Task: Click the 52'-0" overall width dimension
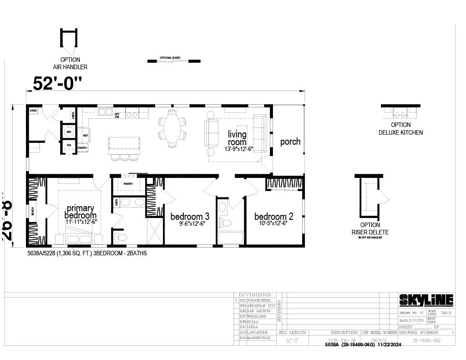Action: (x=58, y=84)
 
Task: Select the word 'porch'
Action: (x=290, y=142)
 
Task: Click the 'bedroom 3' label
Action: (x=190, y=216)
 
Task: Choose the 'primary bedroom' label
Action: (x=80, y=212)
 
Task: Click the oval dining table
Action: (x=172, y=128)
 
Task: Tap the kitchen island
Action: (x=123, y=145)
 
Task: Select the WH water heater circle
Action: (x=69, y=132)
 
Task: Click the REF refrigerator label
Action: (x=85, y=135)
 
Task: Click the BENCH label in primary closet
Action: (x=32, y=212)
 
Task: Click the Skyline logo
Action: (x=426, y=300)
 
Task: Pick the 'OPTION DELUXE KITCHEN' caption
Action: (x=400, y=129)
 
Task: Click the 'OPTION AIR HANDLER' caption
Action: (x=70, y=63)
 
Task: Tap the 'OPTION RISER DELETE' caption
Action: (x=370, y=228)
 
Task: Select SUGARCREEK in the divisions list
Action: (x=258, y=301)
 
